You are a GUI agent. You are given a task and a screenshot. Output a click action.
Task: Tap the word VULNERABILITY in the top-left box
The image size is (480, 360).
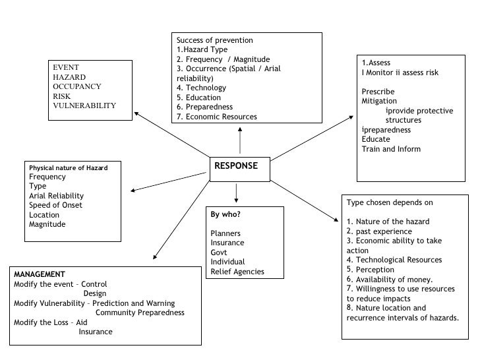(x=84, y=105)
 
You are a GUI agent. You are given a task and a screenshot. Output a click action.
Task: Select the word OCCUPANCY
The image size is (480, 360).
(x=77, y=86)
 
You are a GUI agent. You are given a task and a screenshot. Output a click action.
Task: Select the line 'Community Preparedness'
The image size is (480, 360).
(x=140, y=313)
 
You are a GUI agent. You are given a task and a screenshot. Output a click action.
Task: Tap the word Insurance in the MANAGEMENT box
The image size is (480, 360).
(x=96, y=332)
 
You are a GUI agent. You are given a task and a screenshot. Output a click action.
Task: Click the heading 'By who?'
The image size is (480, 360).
(x=225, y=215)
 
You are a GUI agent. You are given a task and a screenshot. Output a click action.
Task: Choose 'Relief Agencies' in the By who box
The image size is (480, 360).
(x=237, y=272)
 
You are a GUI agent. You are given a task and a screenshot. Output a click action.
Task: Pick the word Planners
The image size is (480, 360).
(x=225, y=233)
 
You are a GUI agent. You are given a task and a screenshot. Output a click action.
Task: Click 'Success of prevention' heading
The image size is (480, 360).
(x=215, y=40)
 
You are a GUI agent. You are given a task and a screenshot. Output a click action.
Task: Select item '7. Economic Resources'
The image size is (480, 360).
(x=217, y=117)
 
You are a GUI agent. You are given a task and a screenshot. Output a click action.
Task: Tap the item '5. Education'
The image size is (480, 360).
(x=198, y=98)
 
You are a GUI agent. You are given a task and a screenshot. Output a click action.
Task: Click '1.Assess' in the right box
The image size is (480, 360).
(x=376, y=63)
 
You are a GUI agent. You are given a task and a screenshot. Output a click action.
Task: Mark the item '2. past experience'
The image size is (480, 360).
(x=379, y=231)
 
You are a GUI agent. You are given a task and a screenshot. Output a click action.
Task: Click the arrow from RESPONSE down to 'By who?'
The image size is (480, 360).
(x=236, y=193)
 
